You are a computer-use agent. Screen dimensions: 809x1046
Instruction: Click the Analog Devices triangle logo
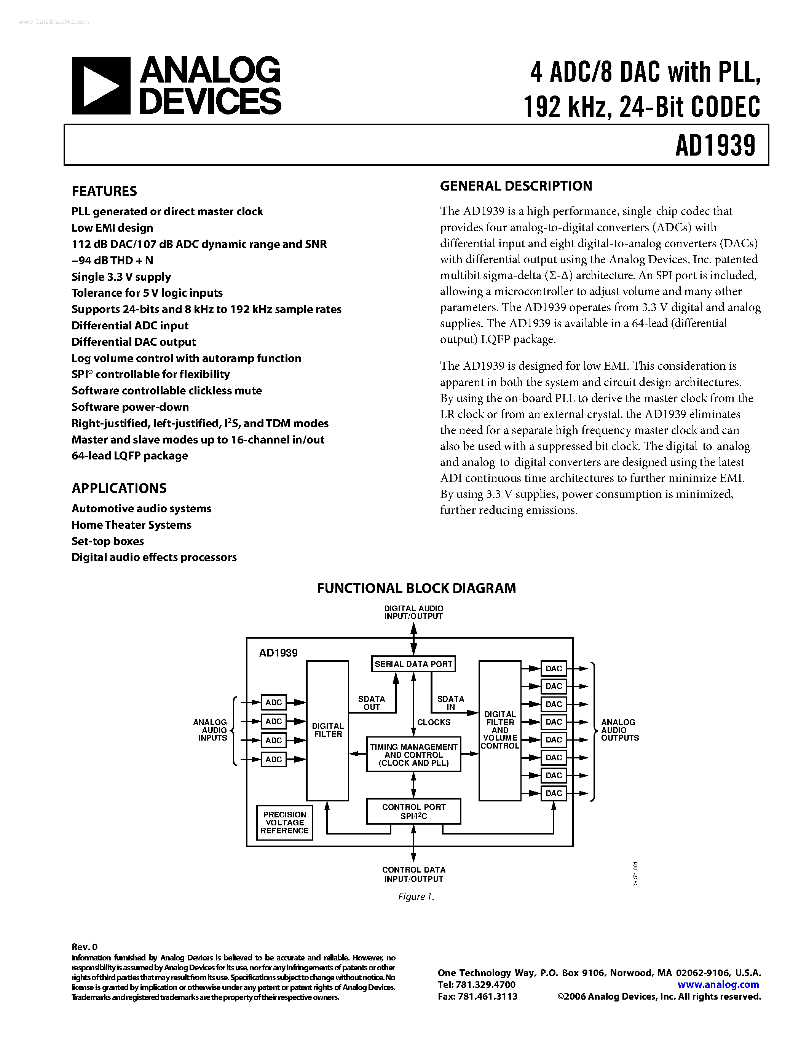click(x=101, y=86)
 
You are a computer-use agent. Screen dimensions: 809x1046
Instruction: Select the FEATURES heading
click(x=104, y=191)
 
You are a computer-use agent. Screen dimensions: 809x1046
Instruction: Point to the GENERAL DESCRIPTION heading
click(x=516, y=186)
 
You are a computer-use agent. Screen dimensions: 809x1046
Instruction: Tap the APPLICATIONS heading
click(x=119, y=488)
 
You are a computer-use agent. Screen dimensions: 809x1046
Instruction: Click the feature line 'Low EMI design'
click(x=112, y=228)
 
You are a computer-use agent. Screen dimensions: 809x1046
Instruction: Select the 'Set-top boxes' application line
click(x=108, y=541)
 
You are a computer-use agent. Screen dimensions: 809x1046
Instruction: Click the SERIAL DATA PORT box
click(x=413, y=664)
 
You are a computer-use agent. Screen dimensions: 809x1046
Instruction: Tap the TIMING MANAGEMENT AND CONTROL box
click(x=413, y=754)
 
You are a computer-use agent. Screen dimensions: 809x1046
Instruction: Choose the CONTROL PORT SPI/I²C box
click(x=413, y=811)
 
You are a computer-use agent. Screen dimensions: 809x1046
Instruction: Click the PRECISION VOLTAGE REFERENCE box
click(x=285, y=822)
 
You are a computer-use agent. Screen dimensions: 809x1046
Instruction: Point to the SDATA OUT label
click(x=372, y=703)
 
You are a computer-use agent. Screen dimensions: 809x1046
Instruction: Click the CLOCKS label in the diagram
click(x=434, y=722)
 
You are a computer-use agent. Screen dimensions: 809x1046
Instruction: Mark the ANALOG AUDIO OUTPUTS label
click(x=620, y=730)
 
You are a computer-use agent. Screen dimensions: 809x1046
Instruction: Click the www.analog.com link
click(x=718, y=984)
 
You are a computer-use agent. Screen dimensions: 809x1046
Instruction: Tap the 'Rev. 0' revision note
click(x=85, y=947)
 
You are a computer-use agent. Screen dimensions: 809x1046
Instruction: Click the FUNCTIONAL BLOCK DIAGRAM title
click(x=416, y=588)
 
